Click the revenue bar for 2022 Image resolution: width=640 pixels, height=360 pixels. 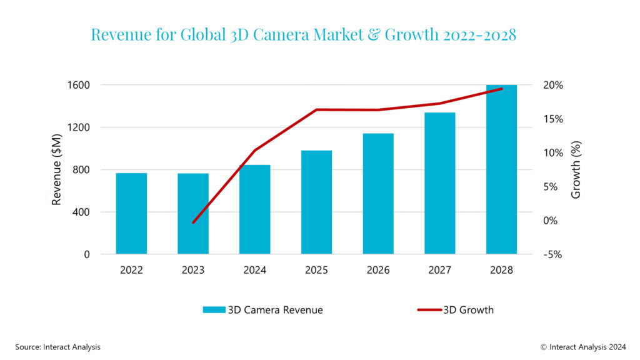pos(131,213)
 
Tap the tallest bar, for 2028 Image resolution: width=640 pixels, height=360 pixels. pos(501,169)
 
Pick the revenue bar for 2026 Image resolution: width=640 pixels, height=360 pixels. pos(378,194)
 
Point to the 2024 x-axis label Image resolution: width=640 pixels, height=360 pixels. pos(255,270)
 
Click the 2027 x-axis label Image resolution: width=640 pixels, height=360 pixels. pos(440,270)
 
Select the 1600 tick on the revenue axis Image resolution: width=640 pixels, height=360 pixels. pos(79,85)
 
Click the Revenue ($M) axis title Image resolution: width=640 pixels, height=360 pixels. pos(57,169)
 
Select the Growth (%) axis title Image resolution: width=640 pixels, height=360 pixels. pos(576,169)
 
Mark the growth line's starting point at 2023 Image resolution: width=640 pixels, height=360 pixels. pos(193,222)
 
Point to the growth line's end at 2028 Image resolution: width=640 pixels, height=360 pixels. pos(501,89)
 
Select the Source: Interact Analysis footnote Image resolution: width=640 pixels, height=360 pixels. pos(57,346)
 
